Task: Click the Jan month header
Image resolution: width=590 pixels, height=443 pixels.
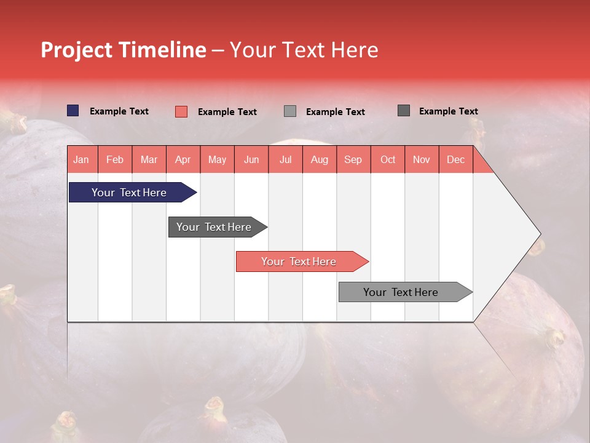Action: (81, 160)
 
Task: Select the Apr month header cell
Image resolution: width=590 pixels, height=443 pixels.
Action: (183, 160)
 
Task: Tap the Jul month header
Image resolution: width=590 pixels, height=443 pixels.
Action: (285, 160)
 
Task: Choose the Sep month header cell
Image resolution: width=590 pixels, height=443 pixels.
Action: (353, 160)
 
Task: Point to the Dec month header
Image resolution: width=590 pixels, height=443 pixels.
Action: (455, 160)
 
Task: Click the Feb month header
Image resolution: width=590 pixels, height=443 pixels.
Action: (115, 160)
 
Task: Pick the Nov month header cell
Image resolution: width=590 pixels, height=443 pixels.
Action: (422, 160)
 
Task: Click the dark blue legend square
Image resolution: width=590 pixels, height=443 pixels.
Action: (73, 111)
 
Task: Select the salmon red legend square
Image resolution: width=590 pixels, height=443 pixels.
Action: (181, 111)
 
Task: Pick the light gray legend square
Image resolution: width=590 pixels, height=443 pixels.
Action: (290, 111)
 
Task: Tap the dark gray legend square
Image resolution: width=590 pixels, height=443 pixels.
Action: (404, 111)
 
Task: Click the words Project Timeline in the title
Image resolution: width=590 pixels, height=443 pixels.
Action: (124, 50)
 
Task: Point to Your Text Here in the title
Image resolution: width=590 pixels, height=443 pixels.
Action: (304, 50)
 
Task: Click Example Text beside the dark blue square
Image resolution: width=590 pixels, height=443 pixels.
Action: (119, 111)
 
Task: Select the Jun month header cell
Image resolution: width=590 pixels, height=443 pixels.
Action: (251, 160)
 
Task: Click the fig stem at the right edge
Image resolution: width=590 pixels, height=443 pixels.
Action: (555, 337)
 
